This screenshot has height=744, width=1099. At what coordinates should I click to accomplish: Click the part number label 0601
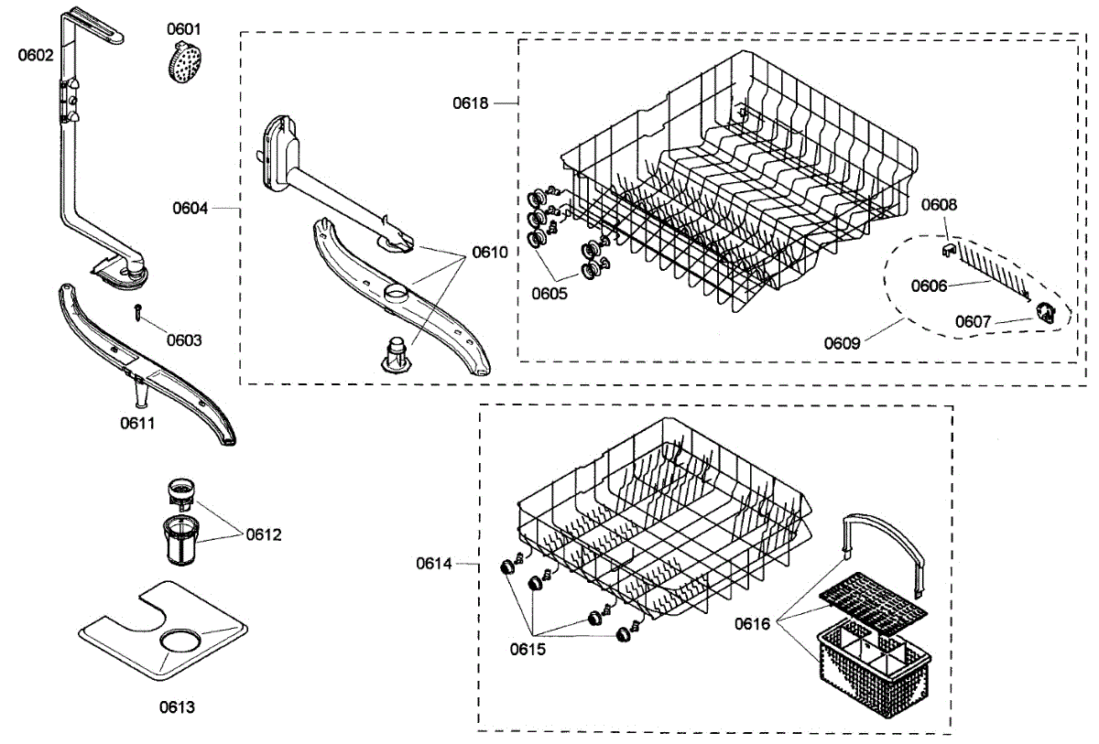(183, 29)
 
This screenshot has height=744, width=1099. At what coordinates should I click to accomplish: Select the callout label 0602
(36, 54)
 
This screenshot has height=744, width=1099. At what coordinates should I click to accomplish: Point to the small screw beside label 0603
(137, 311)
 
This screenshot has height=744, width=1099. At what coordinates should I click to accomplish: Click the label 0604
(190, 208)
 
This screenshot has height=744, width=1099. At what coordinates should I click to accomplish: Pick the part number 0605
(549, 294)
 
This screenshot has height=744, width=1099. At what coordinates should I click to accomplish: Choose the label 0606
(929, 286)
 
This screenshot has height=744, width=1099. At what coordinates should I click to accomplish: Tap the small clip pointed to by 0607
(1045, 312)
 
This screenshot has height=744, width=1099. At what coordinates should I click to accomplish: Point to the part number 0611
(137, 423)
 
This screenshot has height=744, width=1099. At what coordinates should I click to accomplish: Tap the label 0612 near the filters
(263, 534)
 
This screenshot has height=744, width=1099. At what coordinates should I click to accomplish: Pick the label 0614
(434, 564)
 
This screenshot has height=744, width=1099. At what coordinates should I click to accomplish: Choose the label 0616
(753, 624)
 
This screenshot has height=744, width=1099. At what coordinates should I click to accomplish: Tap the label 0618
(471, 102)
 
